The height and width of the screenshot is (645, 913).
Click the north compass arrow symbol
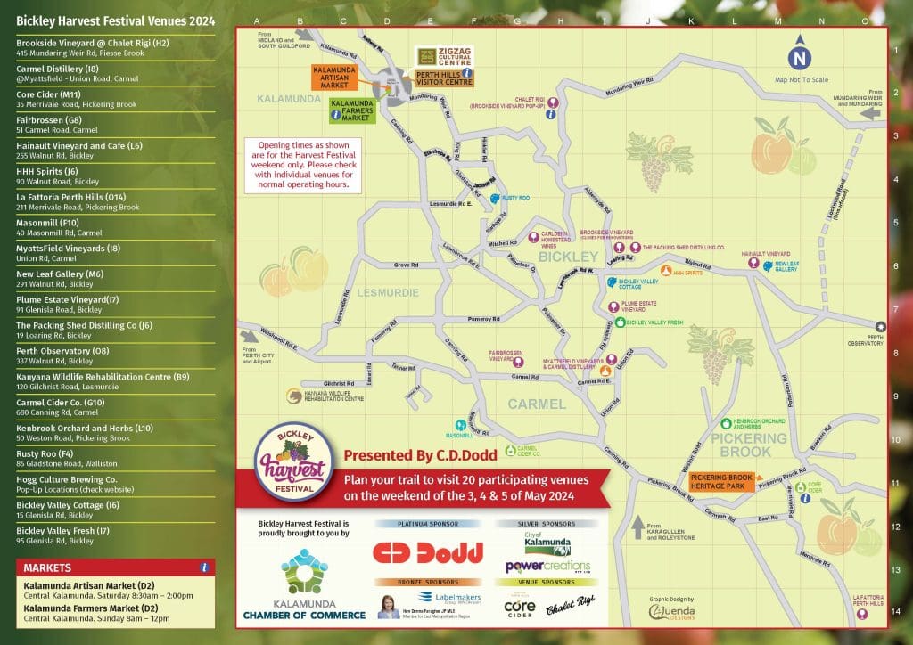click(x=798, y=54)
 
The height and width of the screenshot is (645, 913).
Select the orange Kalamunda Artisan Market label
click(x=334, y=78)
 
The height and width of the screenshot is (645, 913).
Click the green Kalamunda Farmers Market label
click(x=350, y=110)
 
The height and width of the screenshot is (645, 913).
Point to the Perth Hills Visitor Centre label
click(x=443, y=78)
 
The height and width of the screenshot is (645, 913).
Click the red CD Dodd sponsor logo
click(x=427, y=552)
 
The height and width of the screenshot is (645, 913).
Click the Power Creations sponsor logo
click(x=547, y=567)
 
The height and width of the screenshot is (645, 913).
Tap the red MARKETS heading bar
click(x=115, y=567)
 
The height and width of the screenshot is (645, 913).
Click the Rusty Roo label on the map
click(x=516, y=198)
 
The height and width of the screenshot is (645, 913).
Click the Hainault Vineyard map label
click(x=767, y=254)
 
